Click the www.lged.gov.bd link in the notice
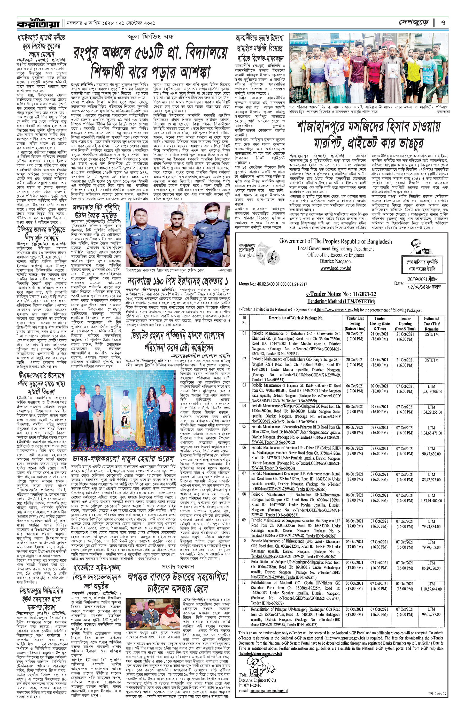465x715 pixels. coord(335,268)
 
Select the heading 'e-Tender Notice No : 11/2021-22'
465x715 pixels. coord(341,294)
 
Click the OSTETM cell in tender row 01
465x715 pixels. coord(431,334)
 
